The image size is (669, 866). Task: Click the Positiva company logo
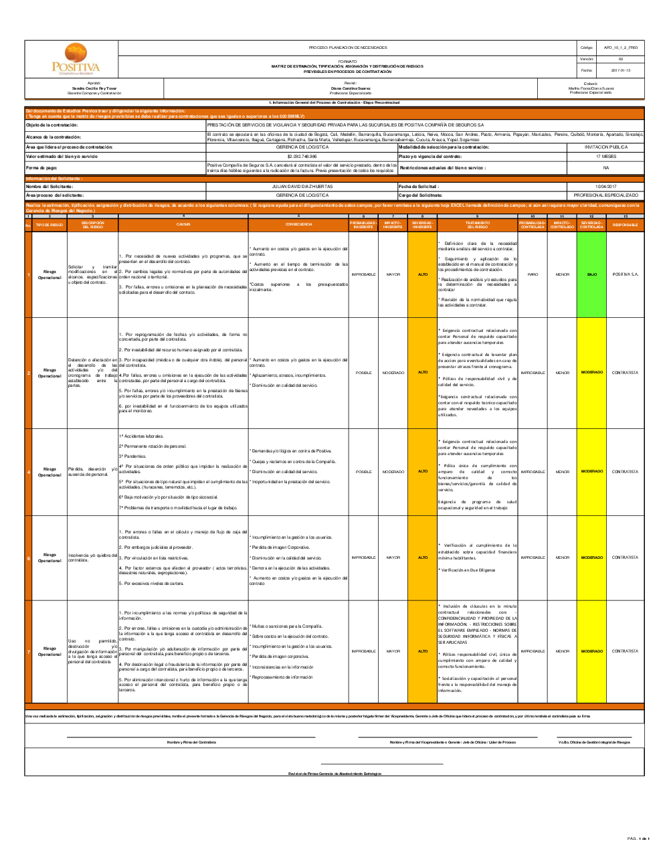(76, 60)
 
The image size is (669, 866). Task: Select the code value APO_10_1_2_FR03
(620, 48)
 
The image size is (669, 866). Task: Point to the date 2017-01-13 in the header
(620, 70)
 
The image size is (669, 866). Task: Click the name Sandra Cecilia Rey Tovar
(94, 88)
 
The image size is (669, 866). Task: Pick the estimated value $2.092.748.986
(302, 156)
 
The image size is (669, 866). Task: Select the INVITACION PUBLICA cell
(605, 147)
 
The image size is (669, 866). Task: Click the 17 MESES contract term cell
(605, 156)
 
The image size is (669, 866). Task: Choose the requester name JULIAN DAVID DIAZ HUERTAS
(302, 187)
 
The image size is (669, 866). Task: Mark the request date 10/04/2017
(605, 187)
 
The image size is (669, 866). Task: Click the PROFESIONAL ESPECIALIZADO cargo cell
(605, 195)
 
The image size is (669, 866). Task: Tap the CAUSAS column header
(183, 225)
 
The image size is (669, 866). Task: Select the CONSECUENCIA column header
(298, 225)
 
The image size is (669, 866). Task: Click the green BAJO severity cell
(591, 274)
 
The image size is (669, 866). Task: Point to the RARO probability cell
(533, 274)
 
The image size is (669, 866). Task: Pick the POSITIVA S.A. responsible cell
(625, 274)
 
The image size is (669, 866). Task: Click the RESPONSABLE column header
(625, 225)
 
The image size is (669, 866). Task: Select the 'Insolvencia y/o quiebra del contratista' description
(93, 557)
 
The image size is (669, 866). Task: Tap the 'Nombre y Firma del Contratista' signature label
(191, 742)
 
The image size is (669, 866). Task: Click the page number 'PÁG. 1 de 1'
(638, 839)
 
